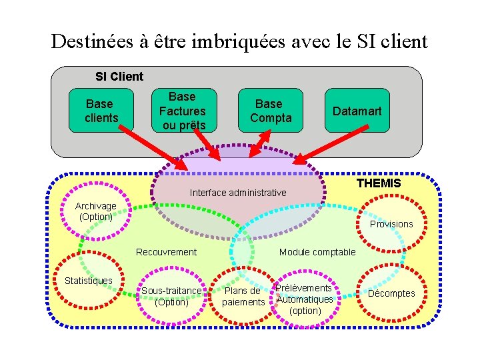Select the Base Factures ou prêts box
(183, 111)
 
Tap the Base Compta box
(269, 111)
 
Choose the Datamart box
(357, 111)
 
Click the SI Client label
(119, 77)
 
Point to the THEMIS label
(379, 183)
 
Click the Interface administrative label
(238, 193)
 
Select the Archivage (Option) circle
(95, 212)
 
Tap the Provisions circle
(391, 224)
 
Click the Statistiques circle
(89, 281)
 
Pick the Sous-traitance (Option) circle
(171, 296)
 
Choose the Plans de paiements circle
(243, 296)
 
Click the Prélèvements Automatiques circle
(305, 299)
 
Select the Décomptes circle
(391, 293)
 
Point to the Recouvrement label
(166, 252)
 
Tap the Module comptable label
(317, 252)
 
